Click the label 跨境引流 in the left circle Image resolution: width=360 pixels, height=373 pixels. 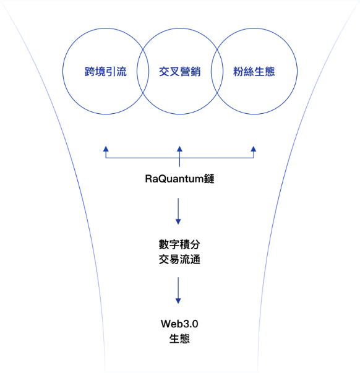(x=106, y=71)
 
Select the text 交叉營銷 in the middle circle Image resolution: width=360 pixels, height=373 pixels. (x=180, y=71)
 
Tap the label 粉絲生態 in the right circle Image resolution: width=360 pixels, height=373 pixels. (x=254, y=71)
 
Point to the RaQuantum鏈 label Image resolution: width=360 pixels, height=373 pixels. (x=179, y=179)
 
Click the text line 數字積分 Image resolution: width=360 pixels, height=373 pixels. (x=179, y=244)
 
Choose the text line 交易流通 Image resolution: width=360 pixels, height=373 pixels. (x=179, y=259)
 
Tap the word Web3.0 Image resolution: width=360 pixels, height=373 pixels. (x=179, y=324)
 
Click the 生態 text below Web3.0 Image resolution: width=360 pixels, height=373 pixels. (x=179, y=338)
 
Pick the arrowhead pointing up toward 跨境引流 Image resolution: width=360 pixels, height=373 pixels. (x=106, y=149)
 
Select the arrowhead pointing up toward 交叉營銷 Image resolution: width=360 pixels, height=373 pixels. (x=179, y=149)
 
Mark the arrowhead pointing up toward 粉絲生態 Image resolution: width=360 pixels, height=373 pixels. (x=254, y=149)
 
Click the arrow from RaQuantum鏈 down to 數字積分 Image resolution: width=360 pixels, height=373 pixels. (x=178, y=211)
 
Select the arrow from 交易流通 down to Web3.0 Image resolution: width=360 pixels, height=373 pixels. (x=178, y=291)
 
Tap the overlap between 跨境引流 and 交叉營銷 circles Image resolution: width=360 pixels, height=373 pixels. (x=143, y=71)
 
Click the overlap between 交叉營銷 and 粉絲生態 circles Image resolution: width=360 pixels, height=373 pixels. (x=217, y=71)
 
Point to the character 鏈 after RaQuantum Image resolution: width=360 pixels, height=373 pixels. (x=209, y=179)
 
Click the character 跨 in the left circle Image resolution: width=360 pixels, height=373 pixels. (x=90, y=71)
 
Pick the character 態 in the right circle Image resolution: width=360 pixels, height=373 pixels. (x=270, y=71)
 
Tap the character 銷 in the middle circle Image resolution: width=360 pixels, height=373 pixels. (x=195, y=71)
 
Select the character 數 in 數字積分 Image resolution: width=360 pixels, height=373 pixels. (x=164, y=244)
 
